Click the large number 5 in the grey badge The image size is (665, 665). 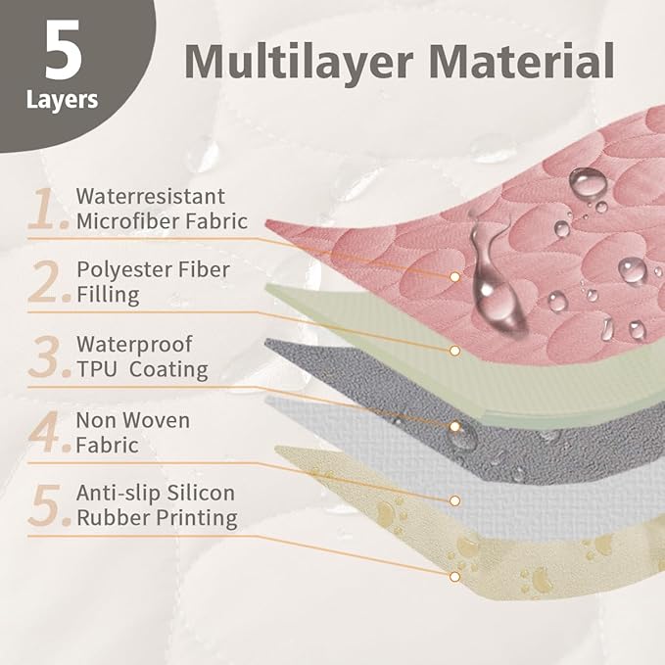pos(64,50)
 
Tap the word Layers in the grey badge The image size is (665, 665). pos(62,101)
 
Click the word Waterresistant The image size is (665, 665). pos(151,196)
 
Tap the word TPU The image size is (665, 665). pos(97,369)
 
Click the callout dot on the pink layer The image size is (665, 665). pos(454,277)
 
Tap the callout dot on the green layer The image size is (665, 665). pos(454,351)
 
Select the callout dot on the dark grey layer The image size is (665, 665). pos(454,427)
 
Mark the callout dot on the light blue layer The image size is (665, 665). pos(454,500)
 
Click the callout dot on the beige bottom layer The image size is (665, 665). pos(454,577)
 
